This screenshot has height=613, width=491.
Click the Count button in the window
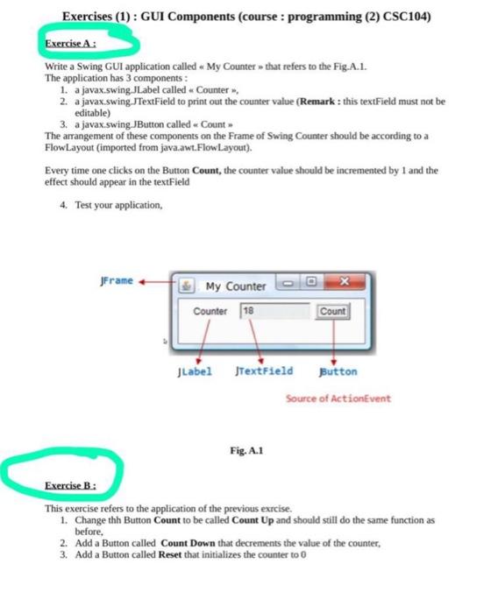pyautogui.click(x=332, y=311)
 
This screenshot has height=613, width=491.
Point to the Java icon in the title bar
pyautogui.click(x=189, y=286)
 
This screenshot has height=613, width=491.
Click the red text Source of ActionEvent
pyautogui.click(x=338, y=399)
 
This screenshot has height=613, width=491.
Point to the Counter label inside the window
pyautogui.click(x=210, y=312)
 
